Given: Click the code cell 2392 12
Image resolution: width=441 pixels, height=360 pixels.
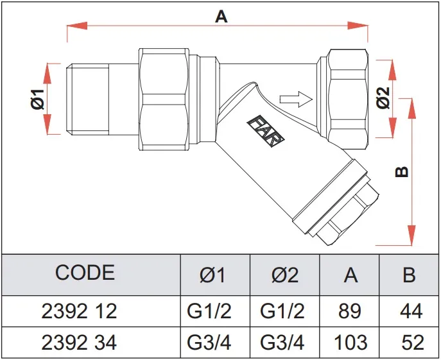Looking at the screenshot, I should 79,311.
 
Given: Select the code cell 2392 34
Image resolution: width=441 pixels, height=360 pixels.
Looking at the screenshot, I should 79,341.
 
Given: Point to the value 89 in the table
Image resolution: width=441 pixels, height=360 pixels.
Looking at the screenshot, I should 350,311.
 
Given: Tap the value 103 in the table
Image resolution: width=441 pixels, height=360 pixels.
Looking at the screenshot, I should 350,341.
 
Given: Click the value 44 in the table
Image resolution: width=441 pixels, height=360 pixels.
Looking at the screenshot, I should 409,311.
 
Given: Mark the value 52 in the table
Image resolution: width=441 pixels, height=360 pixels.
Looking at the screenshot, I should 409,341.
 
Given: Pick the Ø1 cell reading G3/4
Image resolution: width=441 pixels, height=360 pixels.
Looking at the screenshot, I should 213,341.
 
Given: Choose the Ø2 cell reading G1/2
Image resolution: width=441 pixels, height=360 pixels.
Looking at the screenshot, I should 285,311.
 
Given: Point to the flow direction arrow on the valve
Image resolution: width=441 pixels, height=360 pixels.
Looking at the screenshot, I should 296,99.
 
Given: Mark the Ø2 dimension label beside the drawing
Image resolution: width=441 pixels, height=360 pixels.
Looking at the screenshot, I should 383,99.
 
